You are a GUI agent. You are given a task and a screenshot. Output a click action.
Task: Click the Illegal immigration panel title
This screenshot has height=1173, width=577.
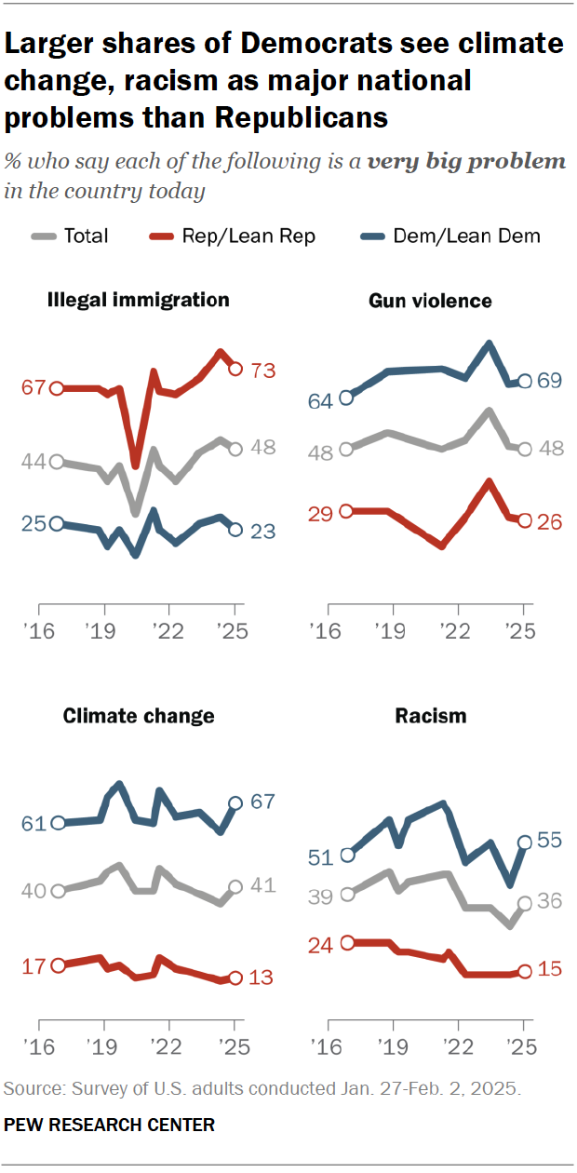[138, 300]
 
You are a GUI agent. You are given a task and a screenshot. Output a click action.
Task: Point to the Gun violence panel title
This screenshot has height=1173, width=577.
[430, 301]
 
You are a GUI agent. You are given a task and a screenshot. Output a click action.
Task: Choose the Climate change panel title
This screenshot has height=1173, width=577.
[139, 715]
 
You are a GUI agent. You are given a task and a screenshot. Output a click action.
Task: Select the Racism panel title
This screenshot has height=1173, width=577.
[430, 715]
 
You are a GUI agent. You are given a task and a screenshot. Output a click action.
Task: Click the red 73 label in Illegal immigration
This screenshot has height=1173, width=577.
[264, 370]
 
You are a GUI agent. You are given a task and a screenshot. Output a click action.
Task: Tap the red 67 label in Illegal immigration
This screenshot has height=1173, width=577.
[34, 388]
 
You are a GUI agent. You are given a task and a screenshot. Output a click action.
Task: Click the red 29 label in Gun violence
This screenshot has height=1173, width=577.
[322, 511]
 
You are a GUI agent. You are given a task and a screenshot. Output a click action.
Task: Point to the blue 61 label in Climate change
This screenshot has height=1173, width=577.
[34, 823]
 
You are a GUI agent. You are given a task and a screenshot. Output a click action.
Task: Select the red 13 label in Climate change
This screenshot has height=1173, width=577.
[264, 977]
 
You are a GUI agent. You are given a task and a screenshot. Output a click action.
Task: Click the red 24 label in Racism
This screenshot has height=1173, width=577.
[322, 943]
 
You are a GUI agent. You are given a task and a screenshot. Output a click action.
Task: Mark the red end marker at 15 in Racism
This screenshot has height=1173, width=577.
[525, 971]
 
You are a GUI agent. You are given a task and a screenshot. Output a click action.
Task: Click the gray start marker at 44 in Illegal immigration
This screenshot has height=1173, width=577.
[57, 462]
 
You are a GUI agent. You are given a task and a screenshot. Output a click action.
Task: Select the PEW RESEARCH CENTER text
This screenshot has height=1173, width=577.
[110, 1125]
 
